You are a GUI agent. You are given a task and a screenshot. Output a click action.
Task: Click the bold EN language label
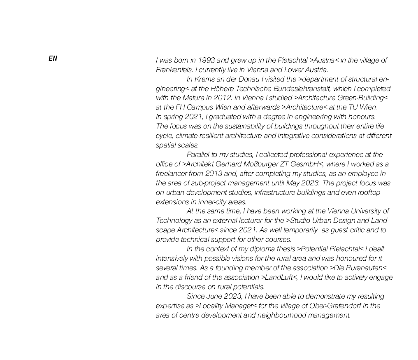tap(53, 58)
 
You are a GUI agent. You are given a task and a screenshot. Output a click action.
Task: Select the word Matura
tap(193, 98)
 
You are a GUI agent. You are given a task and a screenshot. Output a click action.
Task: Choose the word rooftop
tap(367, 192)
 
